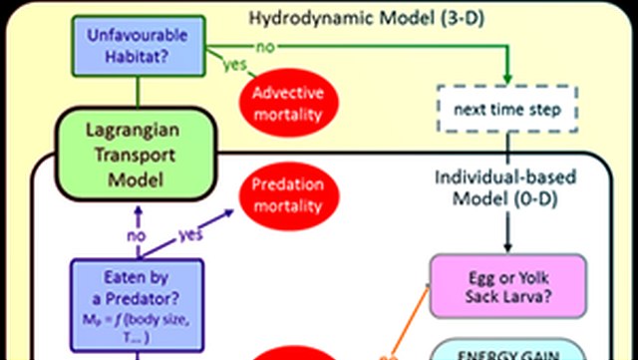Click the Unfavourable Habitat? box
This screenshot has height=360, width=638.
138,43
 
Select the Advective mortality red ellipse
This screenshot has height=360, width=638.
289,104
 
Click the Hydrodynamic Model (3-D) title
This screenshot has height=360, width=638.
389,19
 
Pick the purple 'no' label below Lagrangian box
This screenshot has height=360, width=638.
136,237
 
